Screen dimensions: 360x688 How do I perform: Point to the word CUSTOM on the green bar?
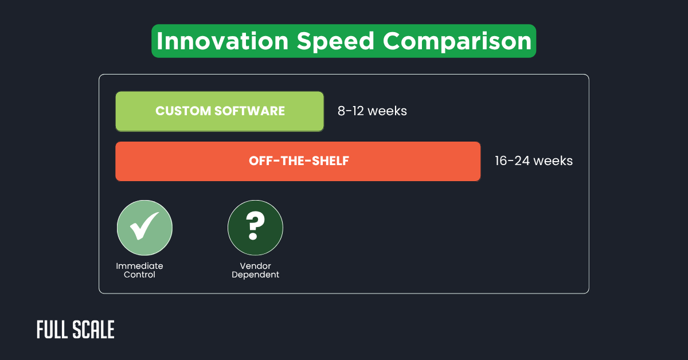point(182,111)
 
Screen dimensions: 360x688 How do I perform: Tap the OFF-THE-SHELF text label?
point(299,161)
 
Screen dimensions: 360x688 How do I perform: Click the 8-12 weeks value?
point(372,111)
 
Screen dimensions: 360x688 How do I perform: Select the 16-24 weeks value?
point(534,161)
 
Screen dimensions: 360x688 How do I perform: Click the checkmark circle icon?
point(144,228)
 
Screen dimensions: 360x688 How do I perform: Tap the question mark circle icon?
point(255,228)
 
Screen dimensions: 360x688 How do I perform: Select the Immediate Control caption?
point(139,270)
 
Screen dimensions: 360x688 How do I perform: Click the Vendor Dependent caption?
point(255,270)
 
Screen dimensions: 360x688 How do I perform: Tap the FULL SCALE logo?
point(76,330)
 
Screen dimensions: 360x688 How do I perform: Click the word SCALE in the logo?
point(94,330)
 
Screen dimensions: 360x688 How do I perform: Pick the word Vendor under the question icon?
point(255,266)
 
